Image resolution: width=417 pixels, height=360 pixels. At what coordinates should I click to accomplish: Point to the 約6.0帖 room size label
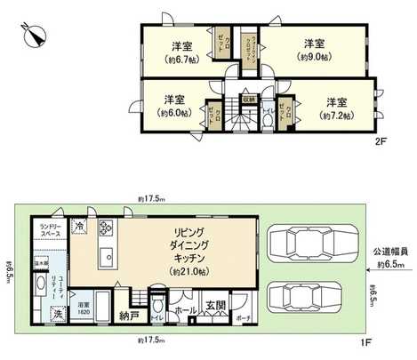(x=172, y=115)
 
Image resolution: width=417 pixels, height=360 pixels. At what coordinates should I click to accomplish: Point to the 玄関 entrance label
(x=215, y=308)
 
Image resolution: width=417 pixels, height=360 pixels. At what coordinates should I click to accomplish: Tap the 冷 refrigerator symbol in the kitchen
(x=80, y=226)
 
